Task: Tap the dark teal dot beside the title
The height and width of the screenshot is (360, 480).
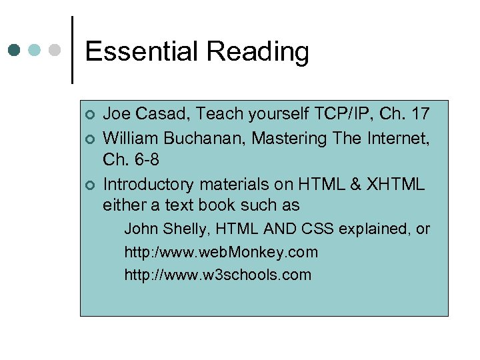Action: [x=14, y=50]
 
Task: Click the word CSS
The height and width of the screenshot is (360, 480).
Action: [x=317, y=229]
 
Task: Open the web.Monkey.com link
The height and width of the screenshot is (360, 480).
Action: [x=221, y=252]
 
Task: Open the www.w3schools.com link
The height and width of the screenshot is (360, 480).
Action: [x=217, y=275]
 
